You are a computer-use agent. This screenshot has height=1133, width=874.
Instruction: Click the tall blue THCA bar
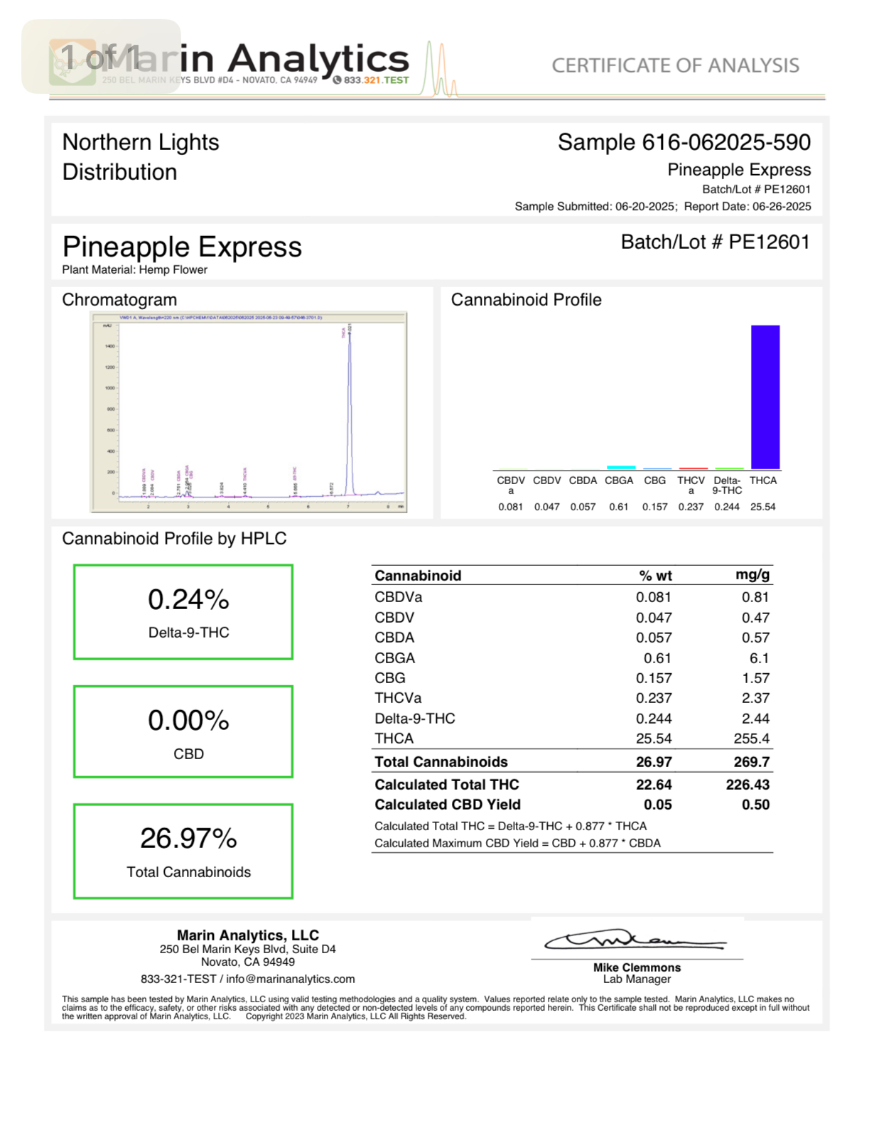click(x=765, y=397)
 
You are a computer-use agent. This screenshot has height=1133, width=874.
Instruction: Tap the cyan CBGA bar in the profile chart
click(x=621, y=467)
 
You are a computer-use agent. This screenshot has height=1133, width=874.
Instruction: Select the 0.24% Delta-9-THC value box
click(x=183, y=612)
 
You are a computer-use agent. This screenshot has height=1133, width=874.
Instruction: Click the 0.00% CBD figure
click(x=188, y=721)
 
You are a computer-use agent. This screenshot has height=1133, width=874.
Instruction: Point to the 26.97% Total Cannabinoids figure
click(x=188, y=839)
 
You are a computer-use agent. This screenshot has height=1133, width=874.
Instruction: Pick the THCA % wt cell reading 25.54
click(x=654, y=739)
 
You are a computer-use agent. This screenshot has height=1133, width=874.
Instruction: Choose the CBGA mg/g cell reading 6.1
click(x=759, y=658)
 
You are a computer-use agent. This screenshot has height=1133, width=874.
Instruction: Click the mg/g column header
click(x=752, y=575)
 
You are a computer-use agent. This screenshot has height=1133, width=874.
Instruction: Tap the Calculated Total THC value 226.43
click(x=748, y=785)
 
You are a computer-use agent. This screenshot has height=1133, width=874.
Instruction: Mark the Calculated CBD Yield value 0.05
click(x=657, y=805)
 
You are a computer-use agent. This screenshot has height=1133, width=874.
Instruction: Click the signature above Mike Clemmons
click(x=635, y=941)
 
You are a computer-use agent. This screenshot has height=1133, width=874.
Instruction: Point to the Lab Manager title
click(x=637, y=979)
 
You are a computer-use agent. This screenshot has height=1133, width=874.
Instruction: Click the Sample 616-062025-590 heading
click(x=684, y=142)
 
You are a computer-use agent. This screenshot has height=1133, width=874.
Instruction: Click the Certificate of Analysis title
click(x=675, y=65)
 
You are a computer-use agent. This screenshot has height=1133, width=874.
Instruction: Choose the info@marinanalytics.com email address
click(x=290, y=979)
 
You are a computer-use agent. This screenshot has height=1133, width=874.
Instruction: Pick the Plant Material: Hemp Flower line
click(x=135, y=270)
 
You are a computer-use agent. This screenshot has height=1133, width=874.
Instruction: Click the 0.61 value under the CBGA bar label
click(x=618, y=507)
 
